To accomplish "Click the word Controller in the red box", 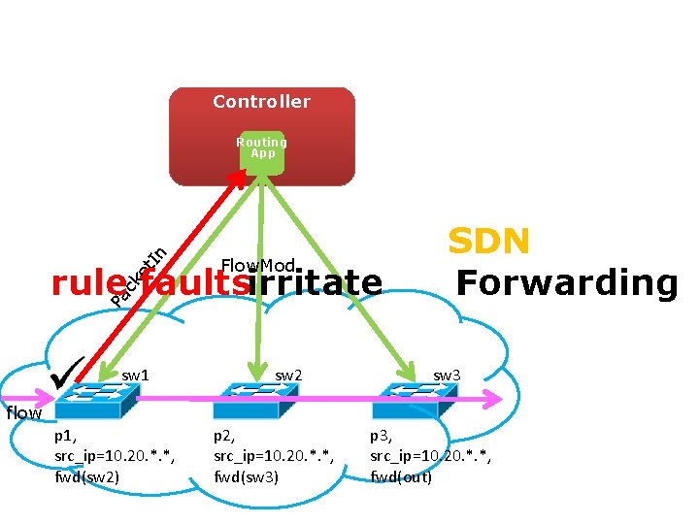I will coord(261,102).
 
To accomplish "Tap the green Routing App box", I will coord(262,150).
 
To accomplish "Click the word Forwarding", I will coord(566,283).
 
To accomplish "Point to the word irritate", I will coord(316,282).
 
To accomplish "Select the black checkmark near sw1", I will coord(71,372).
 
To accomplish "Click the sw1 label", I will coord(135,375).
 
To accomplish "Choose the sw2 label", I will coord(288,375).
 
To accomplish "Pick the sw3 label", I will coord(447,375).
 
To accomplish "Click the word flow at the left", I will coord(23,413).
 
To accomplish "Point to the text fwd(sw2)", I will coord(87,476).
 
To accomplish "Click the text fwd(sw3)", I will coord(246,476).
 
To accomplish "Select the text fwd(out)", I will coord(401,476).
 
